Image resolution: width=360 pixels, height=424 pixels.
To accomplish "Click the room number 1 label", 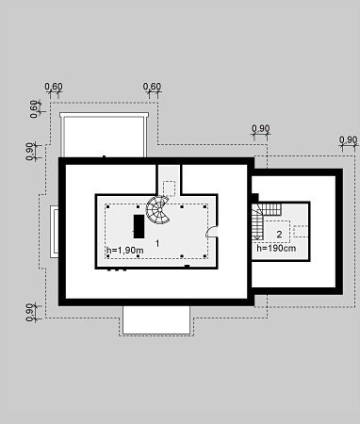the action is [157, 243].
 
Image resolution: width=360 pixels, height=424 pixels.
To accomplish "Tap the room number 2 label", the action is [279, 235].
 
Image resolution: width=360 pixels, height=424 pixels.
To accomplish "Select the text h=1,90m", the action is [125, 251].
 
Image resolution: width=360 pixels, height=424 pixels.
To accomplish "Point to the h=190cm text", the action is [276, 248].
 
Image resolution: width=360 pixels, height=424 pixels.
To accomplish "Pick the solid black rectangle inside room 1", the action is [139, 226].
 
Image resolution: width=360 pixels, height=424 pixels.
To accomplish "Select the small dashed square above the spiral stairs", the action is [169, 188].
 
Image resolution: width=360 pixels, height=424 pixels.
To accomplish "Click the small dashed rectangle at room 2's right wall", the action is [301, 231].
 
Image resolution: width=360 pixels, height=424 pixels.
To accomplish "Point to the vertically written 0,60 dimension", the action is [34, 109].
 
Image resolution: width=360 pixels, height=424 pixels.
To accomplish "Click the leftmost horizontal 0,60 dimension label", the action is [54, 87].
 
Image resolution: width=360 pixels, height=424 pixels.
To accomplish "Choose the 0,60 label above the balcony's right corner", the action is [152, 87].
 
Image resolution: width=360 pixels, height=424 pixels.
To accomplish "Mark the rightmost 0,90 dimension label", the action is [348, 139].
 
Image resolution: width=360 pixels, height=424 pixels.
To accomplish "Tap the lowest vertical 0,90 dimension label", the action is [30, 312].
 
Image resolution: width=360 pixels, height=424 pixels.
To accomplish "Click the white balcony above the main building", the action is [104, 135].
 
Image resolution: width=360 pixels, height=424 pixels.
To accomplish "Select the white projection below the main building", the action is [156, 319].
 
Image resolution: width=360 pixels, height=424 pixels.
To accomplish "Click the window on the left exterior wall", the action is [55, 232].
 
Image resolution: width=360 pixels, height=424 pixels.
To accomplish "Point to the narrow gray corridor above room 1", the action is [169, 180].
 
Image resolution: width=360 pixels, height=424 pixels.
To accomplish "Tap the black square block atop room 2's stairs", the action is [254, 198].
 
